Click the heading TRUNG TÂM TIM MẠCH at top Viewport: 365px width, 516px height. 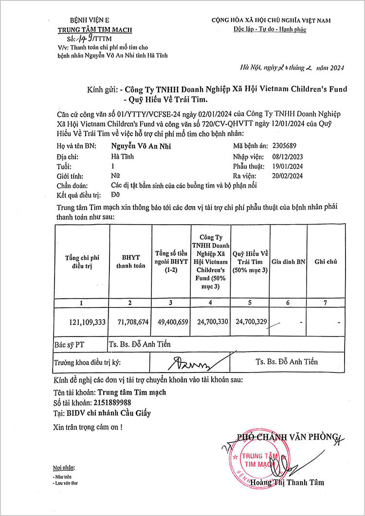point(95,30)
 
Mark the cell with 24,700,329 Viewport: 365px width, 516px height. point(250,322)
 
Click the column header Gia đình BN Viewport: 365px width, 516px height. point(288,261)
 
